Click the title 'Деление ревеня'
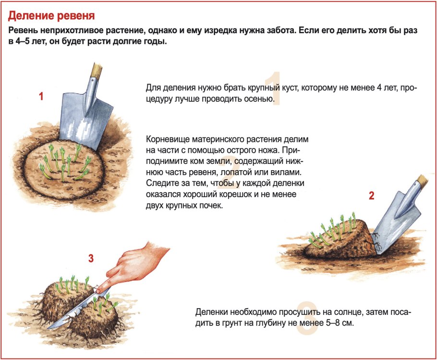(x=51, y=16)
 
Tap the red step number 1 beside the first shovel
(x=41, y=97)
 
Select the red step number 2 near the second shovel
(x=371, y=196)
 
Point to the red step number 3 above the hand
(x=91, y=259)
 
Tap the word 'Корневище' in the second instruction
(x=164, y=140)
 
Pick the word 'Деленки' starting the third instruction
(x=211, y=312)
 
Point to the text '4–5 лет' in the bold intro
(x=32, y=42)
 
